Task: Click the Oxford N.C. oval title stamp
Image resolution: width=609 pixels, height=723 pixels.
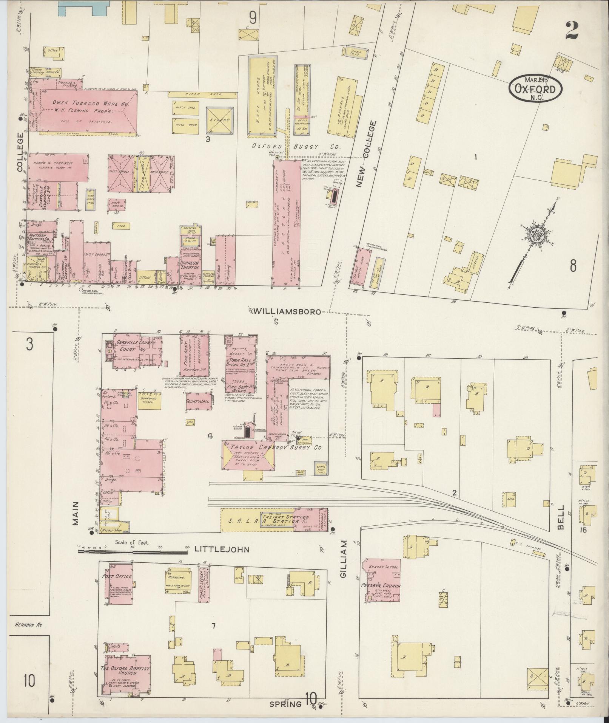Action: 535,87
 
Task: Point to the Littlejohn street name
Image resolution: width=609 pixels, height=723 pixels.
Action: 222,549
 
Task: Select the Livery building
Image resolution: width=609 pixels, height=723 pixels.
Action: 220,121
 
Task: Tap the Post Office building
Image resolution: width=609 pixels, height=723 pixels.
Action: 117,587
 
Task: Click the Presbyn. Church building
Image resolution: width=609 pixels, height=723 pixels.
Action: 382,585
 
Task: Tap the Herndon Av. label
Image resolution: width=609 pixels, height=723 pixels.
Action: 27,625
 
